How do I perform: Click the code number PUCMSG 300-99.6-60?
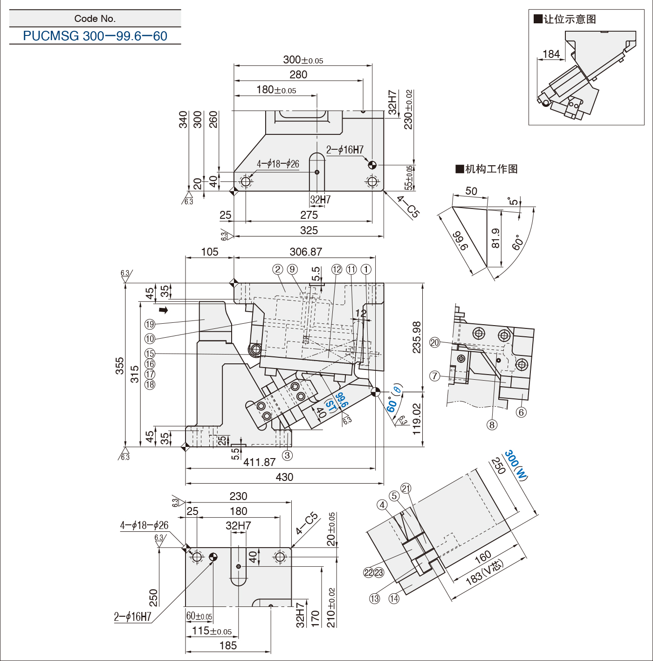pyautogui.click(x=95, y=36)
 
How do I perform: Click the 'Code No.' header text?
pyautogui.click(x=95, y=19)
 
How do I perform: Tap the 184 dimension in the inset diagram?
pyautogui.click(x=551, y=54)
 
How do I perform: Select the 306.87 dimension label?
pyautogui.click(x=306, y=252)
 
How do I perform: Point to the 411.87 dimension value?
pyautogui.click(x=260, y=462)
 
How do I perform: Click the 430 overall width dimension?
pyautogui.click(x=284, y=477)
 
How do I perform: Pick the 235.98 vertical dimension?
pyautogui.click(x=417, y=337)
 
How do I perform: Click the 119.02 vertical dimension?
pyautogui.click(x=417, y=419)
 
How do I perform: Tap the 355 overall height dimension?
pyautogui.click(x=120, y=366)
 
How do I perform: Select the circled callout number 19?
pyautogui.click(x=150, y=324)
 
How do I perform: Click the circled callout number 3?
pyautogui.click(x=287, y=455)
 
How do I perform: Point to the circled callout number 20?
pyautogui.click(x=434, y=342)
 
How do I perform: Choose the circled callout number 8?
pyautogui.click(x=492, y=424)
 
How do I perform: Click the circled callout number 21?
pyautogui.click(x=406, y=488)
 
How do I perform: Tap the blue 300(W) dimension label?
pyautogui.click(x=516, y=465)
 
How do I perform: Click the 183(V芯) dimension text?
pyautogui.click(x=485, y=572)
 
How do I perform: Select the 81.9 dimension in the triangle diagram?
pyautogui.click(x=495, y=238)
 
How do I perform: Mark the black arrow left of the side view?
pyautogui.click(x=163, y=310)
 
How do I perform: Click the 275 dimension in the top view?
pyautogui.click(x=309, y=215)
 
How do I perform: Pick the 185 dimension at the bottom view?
pyautogui.click(x=228, y=646)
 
